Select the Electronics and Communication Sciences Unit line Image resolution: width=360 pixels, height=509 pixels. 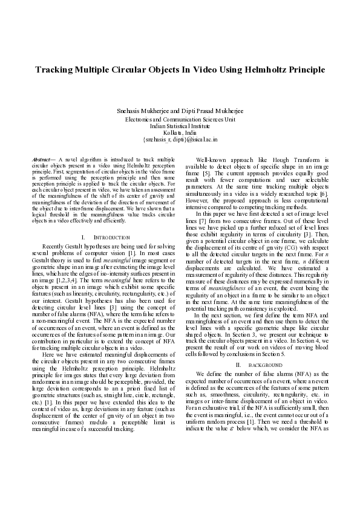coord(180,120)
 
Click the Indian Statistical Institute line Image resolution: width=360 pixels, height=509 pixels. coord(180,126)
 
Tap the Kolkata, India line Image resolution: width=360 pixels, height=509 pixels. coord(180,132)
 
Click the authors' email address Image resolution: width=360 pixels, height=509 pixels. coord(180,139)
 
